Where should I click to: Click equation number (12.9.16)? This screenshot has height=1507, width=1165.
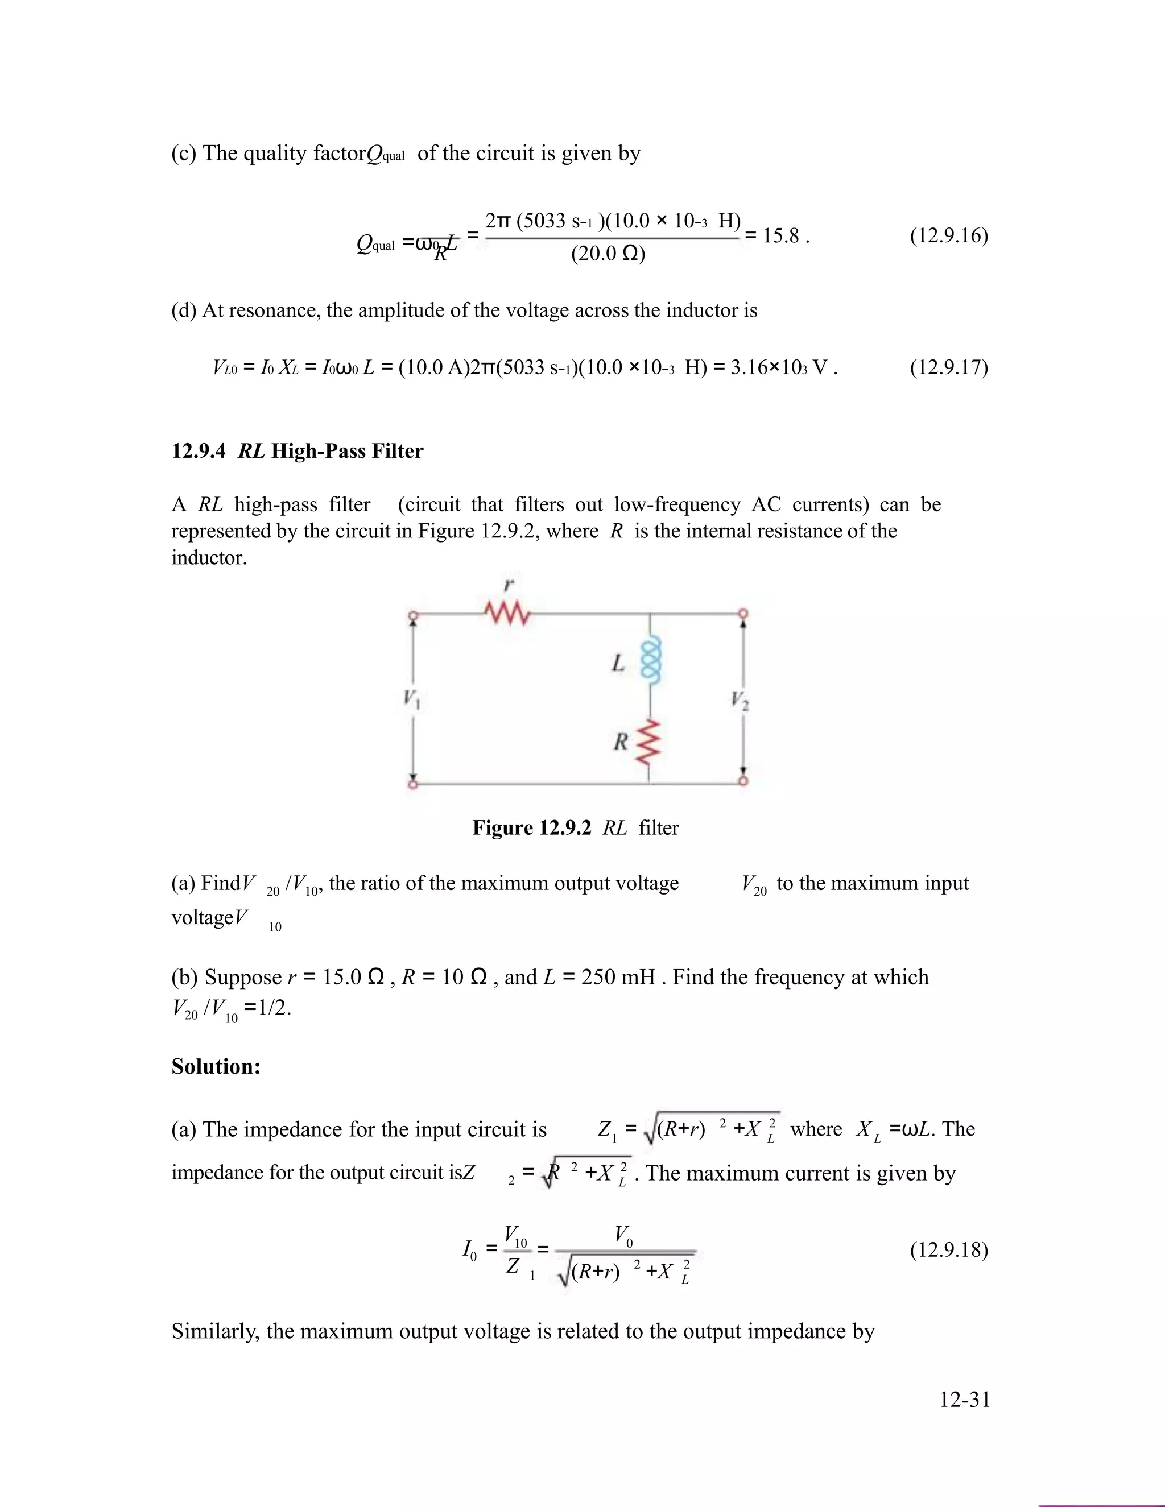[948, 236]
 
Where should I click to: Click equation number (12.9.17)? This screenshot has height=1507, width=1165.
[948, 367]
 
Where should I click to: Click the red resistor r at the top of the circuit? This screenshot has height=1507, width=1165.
[507, 612]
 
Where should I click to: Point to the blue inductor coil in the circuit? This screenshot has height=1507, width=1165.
[651, 660]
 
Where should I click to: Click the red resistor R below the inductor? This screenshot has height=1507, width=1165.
[648, 742]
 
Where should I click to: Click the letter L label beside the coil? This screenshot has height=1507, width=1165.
[618, 663]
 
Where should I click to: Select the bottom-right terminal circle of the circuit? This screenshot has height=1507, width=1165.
[743, 781]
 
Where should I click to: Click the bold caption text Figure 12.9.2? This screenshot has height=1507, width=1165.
[531, 828]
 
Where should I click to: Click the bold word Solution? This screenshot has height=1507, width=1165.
[216, 1067]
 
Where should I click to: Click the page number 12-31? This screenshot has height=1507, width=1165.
[964, 1400]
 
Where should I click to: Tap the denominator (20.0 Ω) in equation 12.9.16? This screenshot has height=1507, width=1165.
[608, 255]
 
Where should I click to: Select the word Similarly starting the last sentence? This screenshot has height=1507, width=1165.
[216, 1331]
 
